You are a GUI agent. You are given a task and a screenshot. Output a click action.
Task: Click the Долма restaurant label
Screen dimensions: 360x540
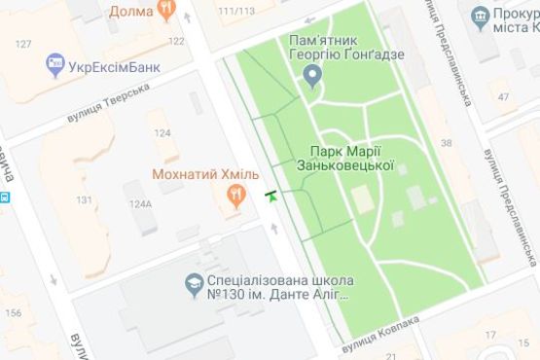pyautogui.click(x=130, y=12)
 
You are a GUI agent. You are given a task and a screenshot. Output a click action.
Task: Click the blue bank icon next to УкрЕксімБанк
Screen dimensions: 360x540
pyautogui.click(x=55, y=67)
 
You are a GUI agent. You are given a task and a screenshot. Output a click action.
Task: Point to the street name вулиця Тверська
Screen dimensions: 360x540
pyautogui.click(x=109, y=101)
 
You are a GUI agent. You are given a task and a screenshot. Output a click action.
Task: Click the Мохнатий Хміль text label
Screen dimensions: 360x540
pyautogui.click(x=204, y=173)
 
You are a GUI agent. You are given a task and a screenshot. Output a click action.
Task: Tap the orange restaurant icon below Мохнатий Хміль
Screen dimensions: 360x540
pyautogui.click(x=234, y=197)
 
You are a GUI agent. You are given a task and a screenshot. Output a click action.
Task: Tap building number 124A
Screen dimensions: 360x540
pyautogui.click(x=139, y=204)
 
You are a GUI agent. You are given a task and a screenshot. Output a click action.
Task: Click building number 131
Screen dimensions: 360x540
pyautogui.click(x=85, y=200)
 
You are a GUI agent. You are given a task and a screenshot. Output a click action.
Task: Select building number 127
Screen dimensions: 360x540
pyautogui.click(x=23, y=44)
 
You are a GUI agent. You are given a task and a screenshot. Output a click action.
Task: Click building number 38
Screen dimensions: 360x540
pyautogui.click(x=447, y=143)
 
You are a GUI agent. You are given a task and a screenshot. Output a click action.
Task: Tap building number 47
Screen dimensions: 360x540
pyautogui.click(x=503, y=96)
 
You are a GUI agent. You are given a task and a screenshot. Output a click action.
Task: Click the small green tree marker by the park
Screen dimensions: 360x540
pyautogui.click(x=270, y=197)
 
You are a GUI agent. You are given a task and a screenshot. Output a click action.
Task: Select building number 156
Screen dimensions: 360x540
pyautogui.click(x=14, y=312)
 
